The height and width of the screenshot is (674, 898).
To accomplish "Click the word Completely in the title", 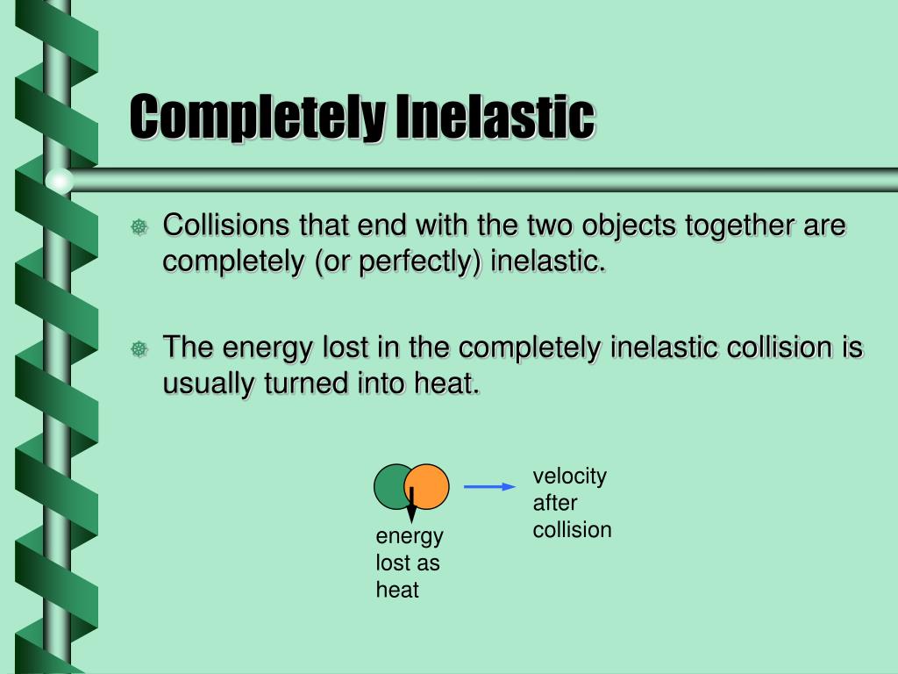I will (x=256, y=118).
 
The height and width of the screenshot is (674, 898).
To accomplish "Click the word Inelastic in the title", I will (x=494, y=118).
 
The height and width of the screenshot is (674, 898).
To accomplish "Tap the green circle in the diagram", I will (x=391, y=487).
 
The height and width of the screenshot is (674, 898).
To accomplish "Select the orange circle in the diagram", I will (x=431, y=485).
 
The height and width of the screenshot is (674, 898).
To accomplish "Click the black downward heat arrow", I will (x=411, y=507).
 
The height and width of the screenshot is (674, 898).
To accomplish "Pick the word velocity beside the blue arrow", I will (x=569, y=477).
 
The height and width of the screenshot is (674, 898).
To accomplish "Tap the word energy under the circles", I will (x=410, y=536).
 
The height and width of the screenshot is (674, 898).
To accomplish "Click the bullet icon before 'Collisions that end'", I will (x=139, y=228).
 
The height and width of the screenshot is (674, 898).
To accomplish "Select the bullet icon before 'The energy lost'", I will (x=139, y=349).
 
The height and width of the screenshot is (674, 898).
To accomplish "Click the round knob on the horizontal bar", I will (x=60, y=181).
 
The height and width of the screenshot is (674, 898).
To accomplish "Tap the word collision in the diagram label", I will (x=572, y=530).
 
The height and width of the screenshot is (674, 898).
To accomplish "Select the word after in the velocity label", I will (x=555, y=504).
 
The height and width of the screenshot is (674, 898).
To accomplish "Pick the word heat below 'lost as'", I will (x=397, y=590).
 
